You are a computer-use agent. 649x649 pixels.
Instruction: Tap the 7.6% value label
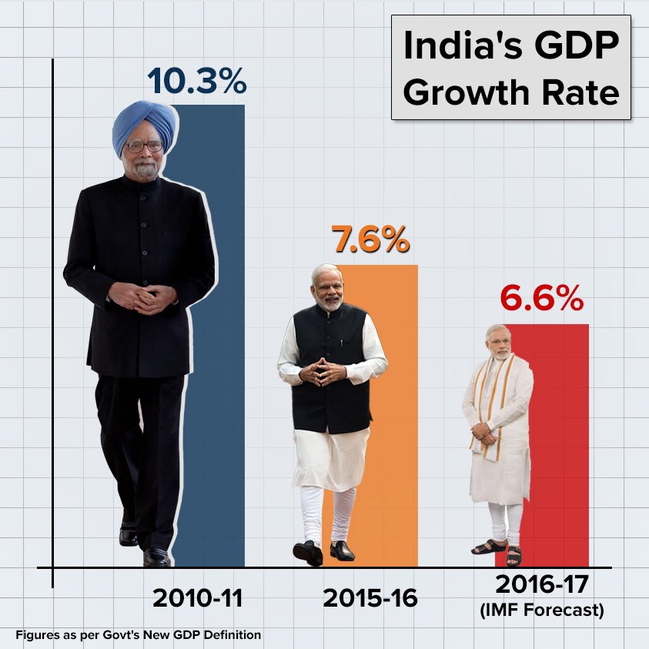pyautogui.click(x=370, y=241)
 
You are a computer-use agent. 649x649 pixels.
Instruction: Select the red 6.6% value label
pyautogui.click(x=541, y=299)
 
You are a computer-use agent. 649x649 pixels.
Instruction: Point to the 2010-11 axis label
pyautogui.click(x=198, y=598)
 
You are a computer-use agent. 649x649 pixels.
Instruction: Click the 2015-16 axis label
pyautogui.click(x=370, y=598)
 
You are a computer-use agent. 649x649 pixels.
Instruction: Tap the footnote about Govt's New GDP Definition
pyautogui.click(x=138, y=635)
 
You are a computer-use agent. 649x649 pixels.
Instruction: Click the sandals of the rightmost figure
pyautogui.click(x=501, y=550)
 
